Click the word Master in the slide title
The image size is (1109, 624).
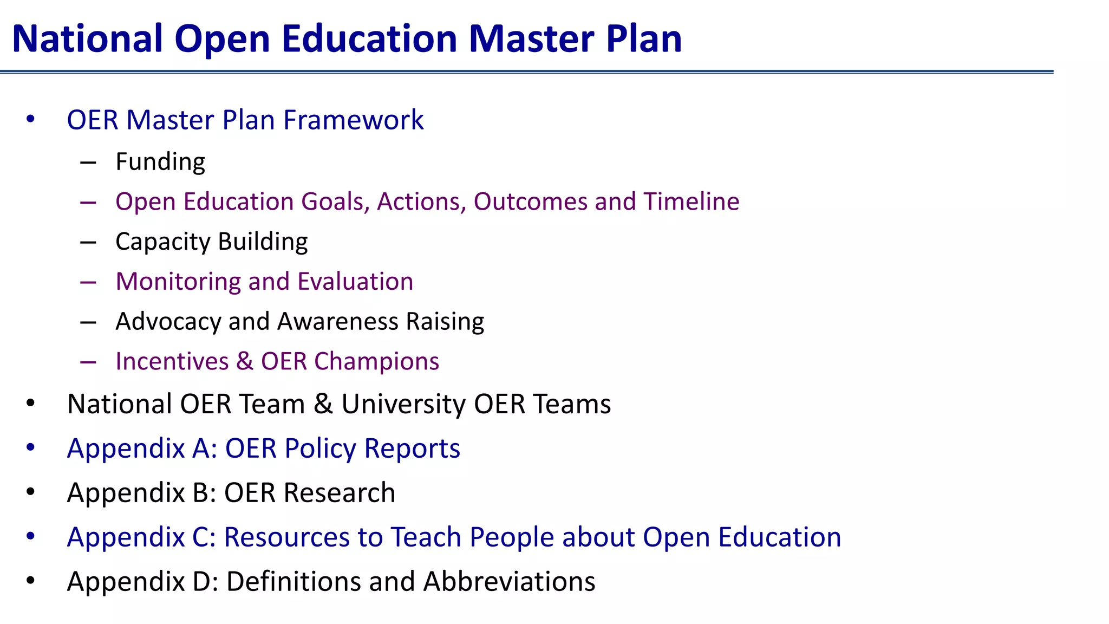pyautogui.click(x=531, y=39)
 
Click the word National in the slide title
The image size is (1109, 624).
pyautogui.click(x=87, y=39)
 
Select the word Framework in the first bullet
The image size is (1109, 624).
pyautogui.click(x=353, y=120)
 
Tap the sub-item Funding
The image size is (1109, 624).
pyautogui.click(x=160, y=162)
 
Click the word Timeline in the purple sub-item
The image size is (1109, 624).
pyautogui.click(x=691, y=201)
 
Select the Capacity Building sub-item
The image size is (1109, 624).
pyautogui.click(x=211, y=242)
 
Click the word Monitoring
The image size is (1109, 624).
pyautogui.click(x=178, y=282)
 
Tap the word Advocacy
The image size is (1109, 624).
pyautogui.click(x=168, y=322)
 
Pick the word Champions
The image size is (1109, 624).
pyautogui.click(x=376, y=362)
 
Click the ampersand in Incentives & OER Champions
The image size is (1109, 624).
pyautogui.click(x=245, y=362)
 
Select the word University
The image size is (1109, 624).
pyautogui.click(x=403, y=405)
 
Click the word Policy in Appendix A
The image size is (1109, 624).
pyautogui.click(x=320, y=449)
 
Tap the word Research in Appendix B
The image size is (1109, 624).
pyautogui.click(x=339, y=493)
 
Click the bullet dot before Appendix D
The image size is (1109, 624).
pyautogui.click(x=30, y=581)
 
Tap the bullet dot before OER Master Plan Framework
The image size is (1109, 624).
pyautogui.click(x=30, y=119)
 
